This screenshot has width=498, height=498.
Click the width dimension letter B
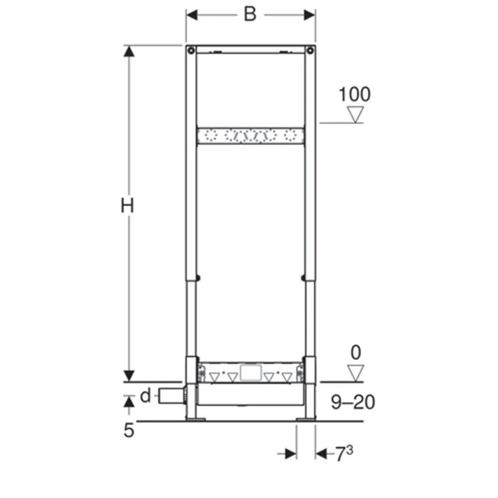coord(250,14)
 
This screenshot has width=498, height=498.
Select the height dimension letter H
coord(128,206)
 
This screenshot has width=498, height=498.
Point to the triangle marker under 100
coord(355,115)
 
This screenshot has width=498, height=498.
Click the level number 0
coord(355,352)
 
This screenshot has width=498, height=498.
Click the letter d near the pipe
coord(145,395)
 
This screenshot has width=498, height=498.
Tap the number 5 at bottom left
coord(129,430)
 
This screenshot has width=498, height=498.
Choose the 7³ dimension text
coord(344,454)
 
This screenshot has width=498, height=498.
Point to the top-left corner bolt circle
coord(190,50)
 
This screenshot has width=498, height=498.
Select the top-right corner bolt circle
coord(310,50)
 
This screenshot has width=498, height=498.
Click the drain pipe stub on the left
coord(169,396)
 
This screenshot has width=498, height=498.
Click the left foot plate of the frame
coord(194,419)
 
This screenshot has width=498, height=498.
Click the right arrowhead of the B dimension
coord(309,15)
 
